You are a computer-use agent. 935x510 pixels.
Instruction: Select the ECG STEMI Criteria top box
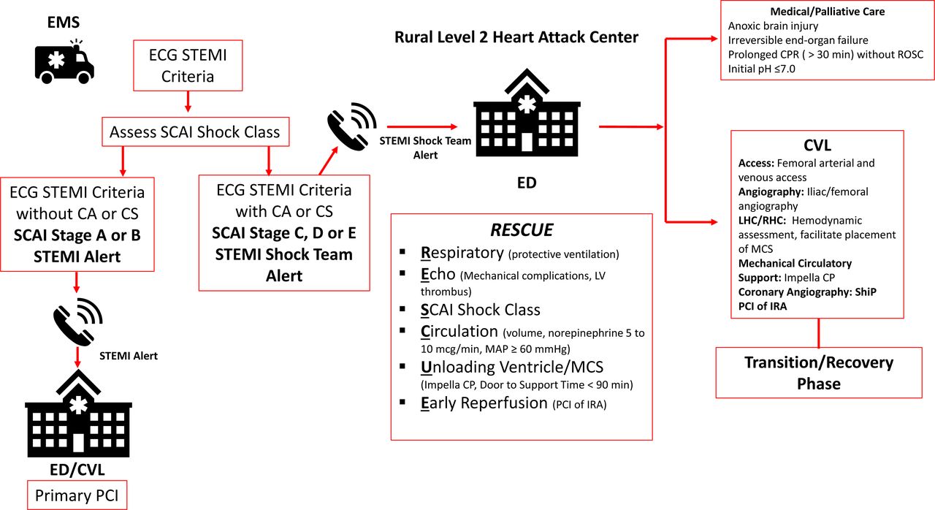click(x=188, y=66)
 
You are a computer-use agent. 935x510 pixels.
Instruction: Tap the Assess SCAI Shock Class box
click(x=194, y=132)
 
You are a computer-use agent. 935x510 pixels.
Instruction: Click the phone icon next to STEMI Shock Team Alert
click(x=351, y=125)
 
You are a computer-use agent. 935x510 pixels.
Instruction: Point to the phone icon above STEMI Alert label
click(x=77, y=320)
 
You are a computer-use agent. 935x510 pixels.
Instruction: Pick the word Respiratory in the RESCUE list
click(x=462, y=254)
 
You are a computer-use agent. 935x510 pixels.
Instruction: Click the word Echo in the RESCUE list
click(x=438, y=274)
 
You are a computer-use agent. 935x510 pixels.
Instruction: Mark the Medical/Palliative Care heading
click(x=827, y=12)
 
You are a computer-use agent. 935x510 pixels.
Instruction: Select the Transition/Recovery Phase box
click(x=819, y=373)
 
